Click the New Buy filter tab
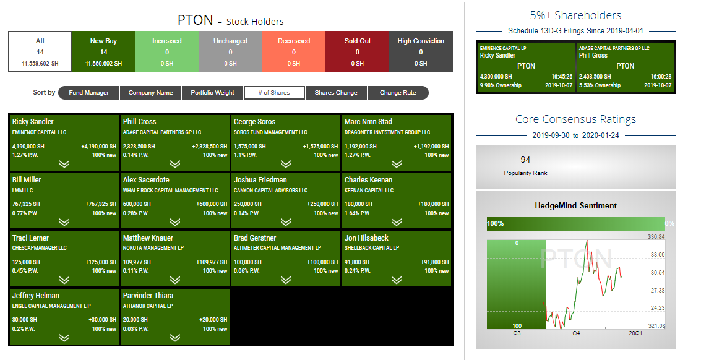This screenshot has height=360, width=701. (x=103, y=51)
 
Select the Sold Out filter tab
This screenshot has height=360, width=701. (x=357, y=51)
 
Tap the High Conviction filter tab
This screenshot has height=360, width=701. (x=421, y=51)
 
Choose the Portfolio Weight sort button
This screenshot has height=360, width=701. (x=212, y=93)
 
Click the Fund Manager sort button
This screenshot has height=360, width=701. (x=89, y=93)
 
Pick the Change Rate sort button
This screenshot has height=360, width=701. (x=398, y=93)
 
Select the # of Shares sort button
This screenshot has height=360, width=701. (x=274, y=93)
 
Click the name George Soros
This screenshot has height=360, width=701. (x=254, y=122)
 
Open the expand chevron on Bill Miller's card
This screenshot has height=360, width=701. (x=64, y=222)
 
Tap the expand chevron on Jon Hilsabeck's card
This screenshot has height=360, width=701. (x=397, y=280)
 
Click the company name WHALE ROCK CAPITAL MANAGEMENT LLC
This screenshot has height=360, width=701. (x=170, y=190)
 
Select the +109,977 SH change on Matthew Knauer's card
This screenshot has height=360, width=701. (x=212, y=262)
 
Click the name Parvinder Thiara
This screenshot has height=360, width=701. (x=148, y=296)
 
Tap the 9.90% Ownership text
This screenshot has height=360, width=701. (x=501, y=85)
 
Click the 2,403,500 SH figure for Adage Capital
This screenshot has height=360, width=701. (x=595, y=77)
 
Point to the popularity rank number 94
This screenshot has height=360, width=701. (x=525, y=160)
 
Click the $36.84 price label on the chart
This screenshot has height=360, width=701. (x=656, y=236)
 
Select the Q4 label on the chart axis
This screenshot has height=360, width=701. (x=576, y=333)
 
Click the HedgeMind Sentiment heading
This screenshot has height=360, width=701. (x=576, y=206)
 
